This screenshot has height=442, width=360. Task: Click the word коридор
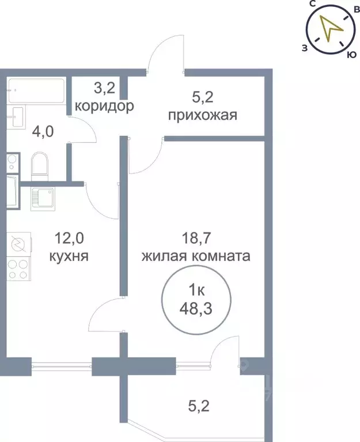tap(105, 107)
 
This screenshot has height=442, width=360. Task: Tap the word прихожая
tap(203, 115)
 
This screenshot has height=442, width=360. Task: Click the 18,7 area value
tap(195, 237)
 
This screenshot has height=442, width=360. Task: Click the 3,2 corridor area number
tap(105, 89)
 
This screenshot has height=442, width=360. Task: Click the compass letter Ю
tap(350, 54)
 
